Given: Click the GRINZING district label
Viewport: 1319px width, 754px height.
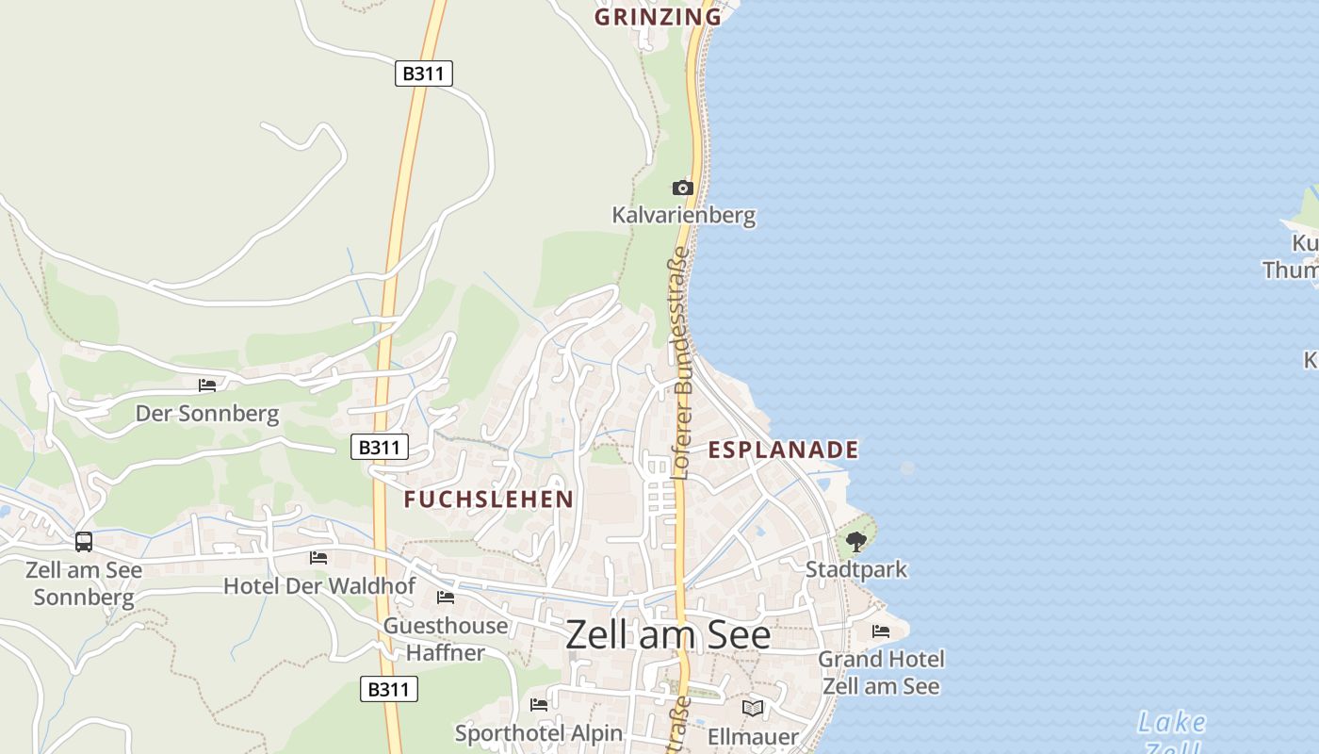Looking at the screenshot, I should pyautogui.click(x=658, y=16).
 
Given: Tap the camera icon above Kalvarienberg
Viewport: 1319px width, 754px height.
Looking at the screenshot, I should pyautogui.click(x=683, y=188).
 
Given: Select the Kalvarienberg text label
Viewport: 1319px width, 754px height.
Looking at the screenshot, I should pyautogui.click(x=683, y=215).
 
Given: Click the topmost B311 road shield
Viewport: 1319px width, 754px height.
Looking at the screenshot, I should pyautogui.click(x=424, y=74).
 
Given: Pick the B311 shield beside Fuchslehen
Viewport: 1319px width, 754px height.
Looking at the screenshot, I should pyautogui.click(x=380, y=447).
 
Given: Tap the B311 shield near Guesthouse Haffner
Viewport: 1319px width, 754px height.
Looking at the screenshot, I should pyautogui.click(x=388, y=689).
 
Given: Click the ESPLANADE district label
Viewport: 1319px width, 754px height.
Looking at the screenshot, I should pyautogui.click(x=783, y=450).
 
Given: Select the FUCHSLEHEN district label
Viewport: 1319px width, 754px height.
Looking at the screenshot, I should pyautogui.click(x=488, y=500).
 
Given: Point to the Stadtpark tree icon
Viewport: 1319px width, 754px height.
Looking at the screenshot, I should pyautogui.click(x=855, y=542).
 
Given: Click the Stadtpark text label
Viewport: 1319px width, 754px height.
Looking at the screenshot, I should pyautogui.click(x=855, y=569).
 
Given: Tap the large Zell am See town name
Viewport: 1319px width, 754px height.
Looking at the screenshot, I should pyautogui.click(x=668, y=635).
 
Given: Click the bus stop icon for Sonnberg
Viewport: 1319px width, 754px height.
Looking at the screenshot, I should pyautogui.click(x=84, y=542).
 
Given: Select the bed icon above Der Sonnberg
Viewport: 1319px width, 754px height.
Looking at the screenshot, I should pyautogui.click(x=207, y=385).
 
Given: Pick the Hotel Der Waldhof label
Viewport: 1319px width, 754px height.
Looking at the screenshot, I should pyautogui.click(x=318, y=586).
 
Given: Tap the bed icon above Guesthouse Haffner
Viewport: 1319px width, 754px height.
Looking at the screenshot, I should pyautogui.click(x=446, y=598).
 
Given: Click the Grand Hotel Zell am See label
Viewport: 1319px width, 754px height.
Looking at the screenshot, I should pyautogui.click(x=881, y=672).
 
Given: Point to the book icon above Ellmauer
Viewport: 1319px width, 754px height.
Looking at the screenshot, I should pyautogui.click(x=752, y=708).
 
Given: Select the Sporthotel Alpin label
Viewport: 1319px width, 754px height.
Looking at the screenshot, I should pyautogui.click(x=539, y=732).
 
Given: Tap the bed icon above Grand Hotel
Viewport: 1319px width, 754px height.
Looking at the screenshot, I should pyautogui.click(x=881, y=631).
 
